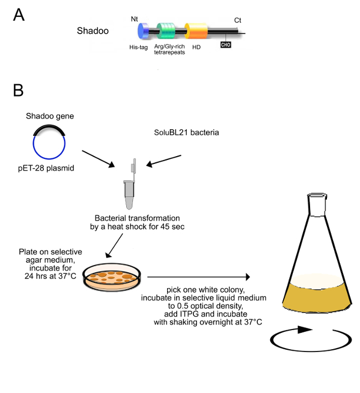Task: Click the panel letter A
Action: point(19,15)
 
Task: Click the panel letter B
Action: point(19,89)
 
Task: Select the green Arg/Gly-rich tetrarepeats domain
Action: point(167,31)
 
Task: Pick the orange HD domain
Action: point(196,31)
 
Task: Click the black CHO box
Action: point(226,43)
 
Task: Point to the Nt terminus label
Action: point(135,19)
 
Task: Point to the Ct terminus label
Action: point(238,20)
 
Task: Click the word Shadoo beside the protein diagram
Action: point(92,31)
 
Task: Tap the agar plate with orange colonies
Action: point(113,277)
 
